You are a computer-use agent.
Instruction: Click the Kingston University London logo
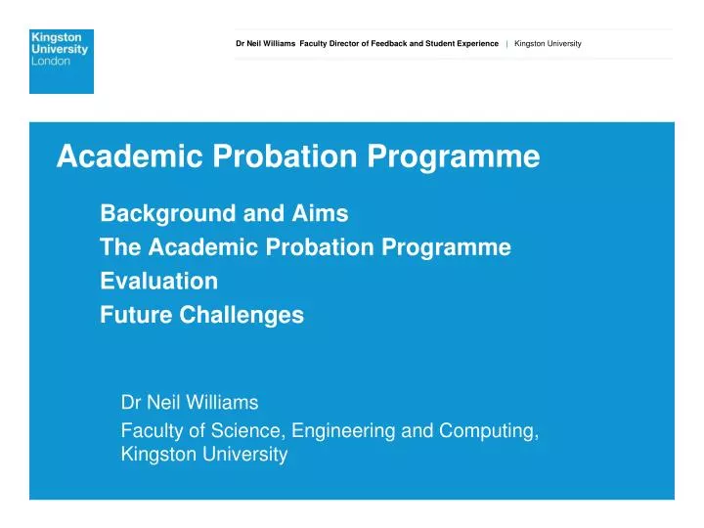(x=62, y=61)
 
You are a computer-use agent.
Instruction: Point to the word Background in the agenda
(x=161, y=212)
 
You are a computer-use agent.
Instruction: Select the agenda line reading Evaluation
(x=158, y=282)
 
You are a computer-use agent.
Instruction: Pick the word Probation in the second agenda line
(x=288, y=247)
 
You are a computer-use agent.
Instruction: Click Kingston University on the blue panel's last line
(x=203, y=455)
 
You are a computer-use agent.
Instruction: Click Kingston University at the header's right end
(x=548, y=44)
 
